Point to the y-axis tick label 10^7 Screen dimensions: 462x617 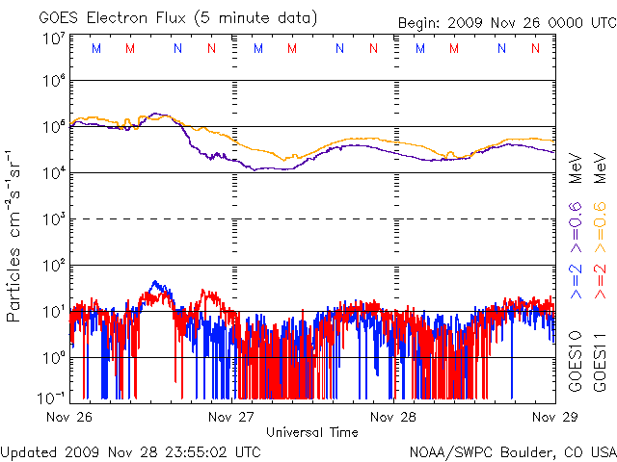(x=54, y=38)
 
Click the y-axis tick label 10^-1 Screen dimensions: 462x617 (x=52, y=398)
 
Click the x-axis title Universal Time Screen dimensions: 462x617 (x=311, y=432)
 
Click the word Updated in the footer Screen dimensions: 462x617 (x=28, y=451)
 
